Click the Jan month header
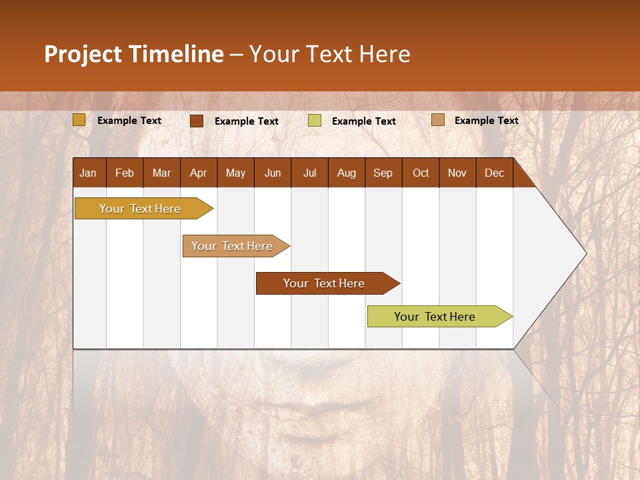89,173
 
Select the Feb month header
125,173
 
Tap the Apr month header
198,173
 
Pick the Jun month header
273,173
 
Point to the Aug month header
346,173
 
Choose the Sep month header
383,173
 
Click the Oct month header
421,173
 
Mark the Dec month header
494,173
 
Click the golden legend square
79,120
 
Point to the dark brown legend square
197,121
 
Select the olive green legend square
315,121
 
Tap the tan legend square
437,120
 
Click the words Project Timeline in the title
134,54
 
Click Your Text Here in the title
329,54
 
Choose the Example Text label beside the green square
364,121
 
